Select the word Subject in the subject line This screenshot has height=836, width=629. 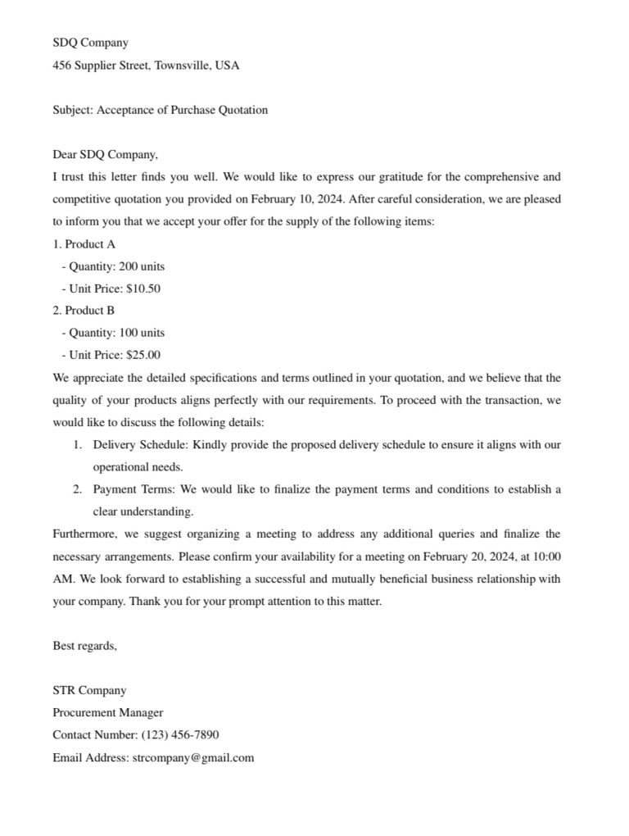pyautogui.click(x=72, y=110)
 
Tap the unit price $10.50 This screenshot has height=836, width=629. pyautogui.click(x=143, y=289)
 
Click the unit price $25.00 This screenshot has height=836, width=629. pyautogui.click(x=143, y=355)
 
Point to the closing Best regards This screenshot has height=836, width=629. pyautogui.click(x=85, y=646)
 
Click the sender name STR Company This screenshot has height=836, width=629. pyautogui.click(x=90, y=690)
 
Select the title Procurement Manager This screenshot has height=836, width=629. pyautogui.click(x=108, y=712)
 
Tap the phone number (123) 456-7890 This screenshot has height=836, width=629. pyautogui.click(x=179, y=734)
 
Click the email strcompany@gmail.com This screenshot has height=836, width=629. pyautogui.click(x=192, y=757)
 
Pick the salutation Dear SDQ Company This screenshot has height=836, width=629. pyautogui.click(x=105, y=154)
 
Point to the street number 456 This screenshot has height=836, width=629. pyautogui.click(x=62, y=65)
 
